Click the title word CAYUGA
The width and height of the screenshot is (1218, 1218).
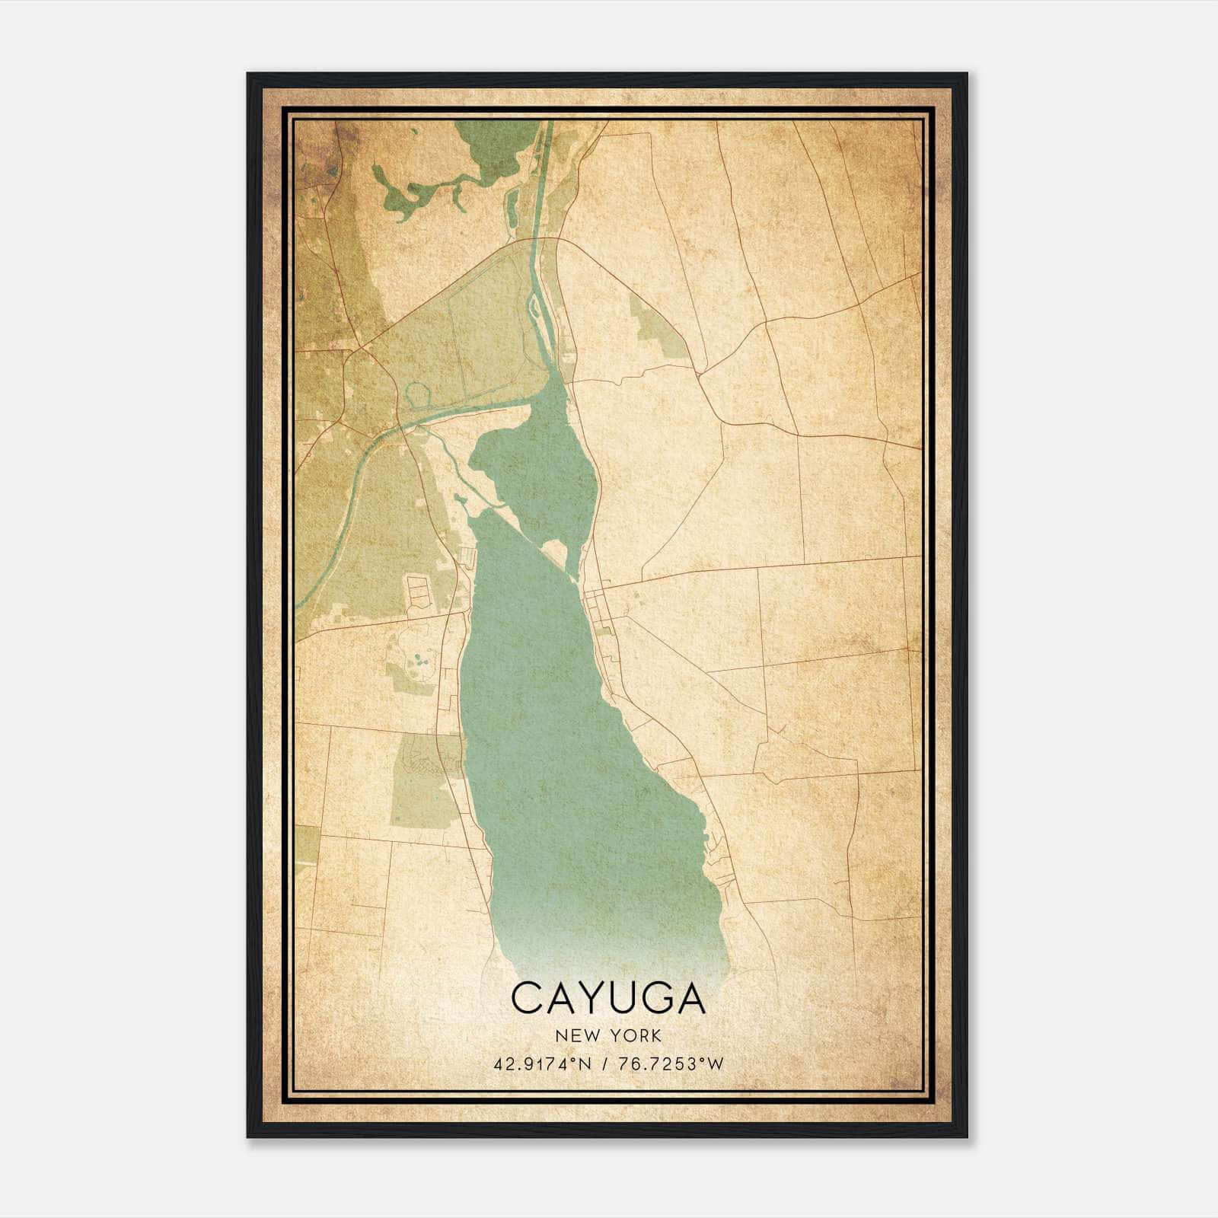608,998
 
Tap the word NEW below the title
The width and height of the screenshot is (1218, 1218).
578,1036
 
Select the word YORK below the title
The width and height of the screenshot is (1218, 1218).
636,1036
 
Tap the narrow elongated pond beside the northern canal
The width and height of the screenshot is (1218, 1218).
512,206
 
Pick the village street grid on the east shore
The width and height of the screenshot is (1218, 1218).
601,609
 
